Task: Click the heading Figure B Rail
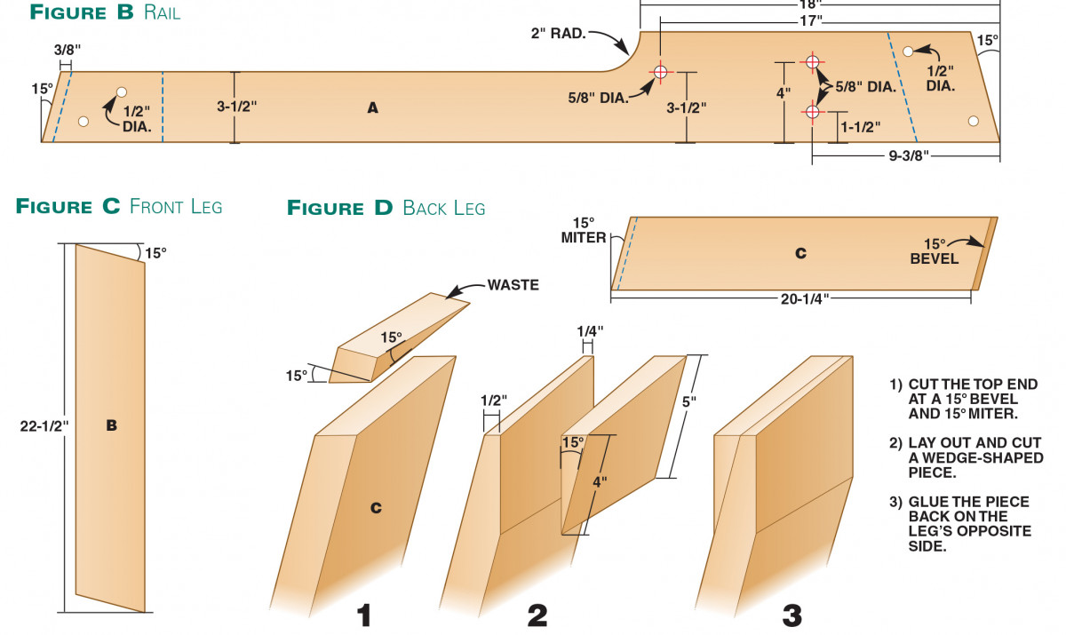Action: tap(105, 12)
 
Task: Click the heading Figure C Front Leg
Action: tap(119, 207)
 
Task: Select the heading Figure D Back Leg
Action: tap(386, 208)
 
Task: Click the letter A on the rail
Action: tap(373, 107)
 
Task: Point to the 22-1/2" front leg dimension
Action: tap(44, 425)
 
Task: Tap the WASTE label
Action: tap(513, 285)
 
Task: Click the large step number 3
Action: tap(792, 615)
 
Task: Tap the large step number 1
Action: tap(364, 615)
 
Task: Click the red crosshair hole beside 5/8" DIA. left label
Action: tap(660, 72)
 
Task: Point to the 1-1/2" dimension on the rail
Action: tap(859, 127)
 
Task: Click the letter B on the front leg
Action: tap(112, 425)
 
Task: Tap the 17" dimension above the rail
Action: tap(810, 19)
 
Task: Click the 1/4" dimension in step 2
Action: tap(589, 331)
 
